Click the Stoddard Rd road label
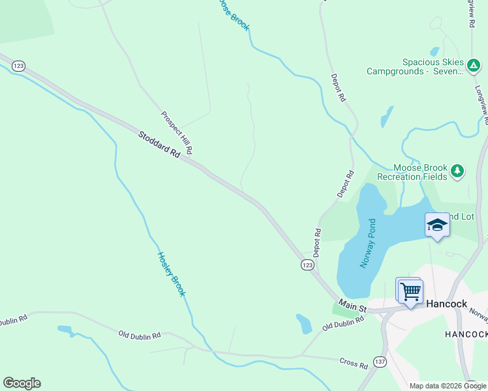click(x=159, y=145)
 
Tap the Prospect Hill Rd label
click(x=176, y=132)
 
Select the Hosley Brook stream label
click(x=172, y=274)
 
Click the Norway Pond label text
click(x=368, y=244)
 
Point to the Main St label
click(x=354, y=306)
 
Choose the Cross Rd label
click(x=353, y=363)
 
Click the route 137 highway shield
click(x=380, y=361)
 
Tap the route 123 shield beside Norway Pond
click(x=307, y=265)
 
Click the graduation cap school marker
click(x=437, y=225)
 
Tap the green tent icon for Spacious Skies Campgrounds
click(x=474, y=65)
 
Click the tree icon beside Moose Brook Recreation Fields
click(x=457, y=171)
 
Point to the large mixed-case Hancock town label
click(x=446, y=304)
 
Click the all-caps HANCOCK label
click(x=466, y=334)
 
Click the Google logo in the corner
click(x=22, y=383)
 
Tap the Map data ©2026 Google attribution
click(x=448, y=386)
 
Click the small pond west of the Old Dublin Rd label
click(x=65, y=330)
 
